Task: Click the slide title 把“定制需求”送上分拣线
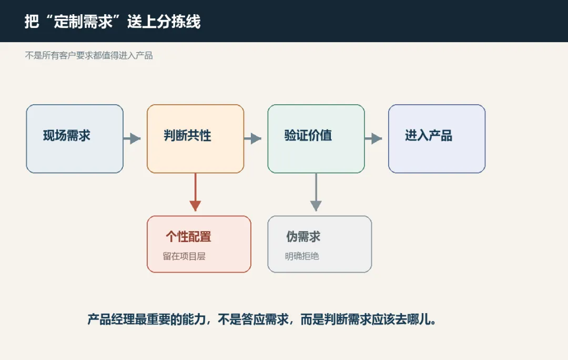click(113, 22)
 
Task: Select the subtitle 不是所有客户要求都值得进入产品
click(89, 55)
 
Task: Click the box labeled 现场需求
click(75, 139)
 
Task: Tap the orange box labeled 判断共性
click(195, 139)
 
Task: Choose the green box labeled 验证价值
click(316, 139)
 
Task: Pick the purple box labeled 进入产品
click(437, 139)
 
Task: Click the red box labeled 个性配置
click(199, 244)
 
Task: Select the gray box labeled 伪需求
click(320, 244)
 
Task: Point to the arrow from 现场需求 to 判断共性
click(132, 138)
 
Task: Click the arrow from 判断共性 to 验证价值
click(252, 138)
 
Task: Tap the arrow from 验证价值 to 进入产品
click(373, 138)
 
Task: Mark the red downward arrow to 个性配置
click(195, 192)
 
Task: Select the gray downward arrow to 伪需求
click(316, 192)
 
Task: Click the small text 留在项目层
click(184, 256)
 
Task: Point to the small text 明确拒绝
click(302, 256)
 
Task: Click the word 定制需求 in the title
click(83, 22)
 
